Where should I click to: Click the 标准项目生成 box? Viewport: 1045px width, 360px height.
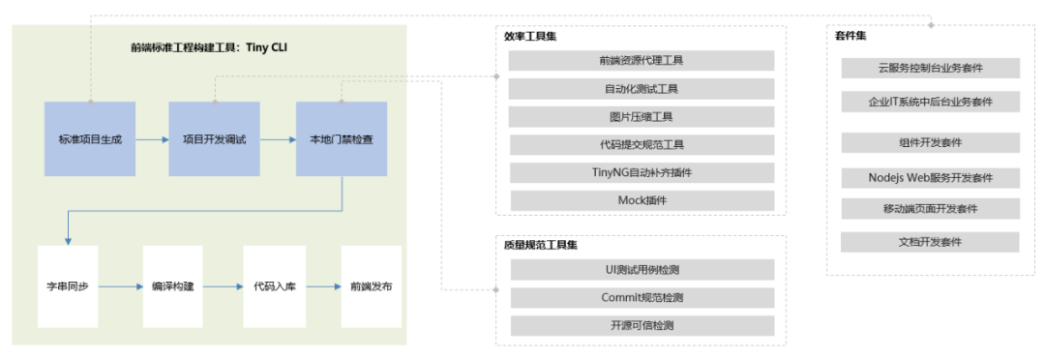point(90,139)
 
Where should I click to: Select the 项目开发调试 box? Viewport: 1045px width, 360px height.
point(214,139)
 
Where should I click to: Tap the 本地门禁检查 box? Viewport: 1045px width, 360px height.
point(342,139)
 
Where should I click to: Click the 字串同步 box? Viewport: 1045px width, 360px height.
point(68,286)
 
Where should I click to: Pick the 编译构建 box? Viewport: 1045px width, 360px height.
point(172,286)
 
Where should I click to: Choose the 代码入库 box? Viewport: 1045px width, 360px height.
point(272,286)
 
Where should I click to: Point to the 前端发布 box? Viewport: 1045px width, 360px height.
point(372,286)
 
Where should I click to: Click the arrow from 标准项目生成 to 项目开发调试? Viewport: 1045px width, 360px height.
point(152,139)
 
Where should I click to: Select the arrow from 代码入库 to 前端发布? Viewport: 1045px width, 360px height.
point(322,286)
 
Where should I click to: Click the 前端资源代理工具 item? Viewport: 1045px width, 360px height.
point(642,61)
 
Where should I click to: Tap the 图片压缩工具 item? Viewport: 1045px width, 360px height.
point(642,117)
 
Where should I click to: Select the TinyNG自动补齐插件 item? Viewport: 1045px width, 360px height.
point(642,173)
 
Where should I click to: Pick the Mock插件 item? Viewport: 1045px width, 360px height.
point(642,200)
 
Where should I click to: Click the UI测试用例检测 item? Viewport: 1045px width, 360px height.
point(642,270)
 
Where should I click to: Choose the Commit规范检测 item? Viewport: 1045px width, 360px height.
point(642,297)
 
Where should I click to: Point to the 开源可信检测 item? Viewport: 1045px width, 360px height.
point(642,325)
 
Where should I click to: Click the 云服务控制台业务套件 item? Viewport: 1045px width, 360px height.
point(930,69)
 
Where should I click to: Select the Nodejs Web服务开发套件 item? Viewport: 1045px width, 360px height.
point(930,178)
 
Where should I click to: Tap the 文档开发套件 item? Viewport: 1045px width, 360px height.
point(930,242)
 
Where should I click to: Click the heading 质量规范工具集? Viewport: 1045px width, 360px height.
point(540,246)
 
